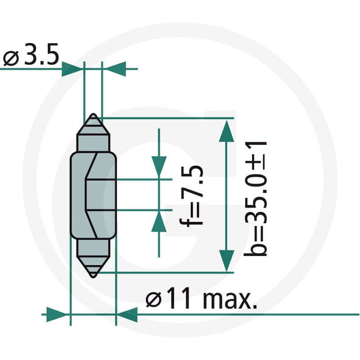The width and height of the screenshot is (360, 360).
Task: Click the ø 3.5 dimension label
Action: (31, 54)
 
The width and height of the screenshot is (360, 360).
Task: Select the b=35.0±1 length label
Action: (255, 199)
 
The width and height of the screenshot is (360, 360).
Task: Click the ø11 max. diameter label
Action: (201, 298)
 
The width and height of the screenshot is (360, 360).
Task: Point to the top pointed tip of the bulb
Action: (93, 114)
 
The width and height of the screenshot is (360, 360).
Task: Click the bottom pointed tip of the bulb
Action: (93, 277)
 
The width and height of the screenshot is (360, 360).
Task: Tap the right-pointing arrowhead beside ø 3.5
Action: (72, 69)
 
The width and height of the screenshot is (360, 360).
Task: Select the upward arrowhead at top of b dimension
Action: (227, 131)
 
